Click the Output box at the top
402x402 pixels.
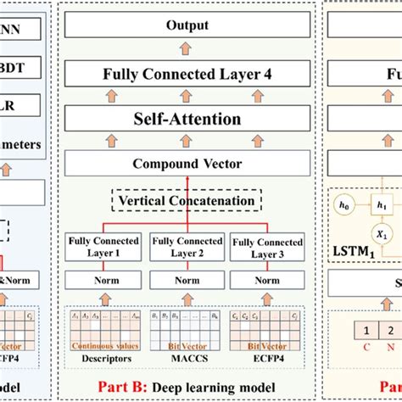coord(187,26)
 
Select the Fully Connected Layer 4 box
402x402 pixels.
coord(187,74)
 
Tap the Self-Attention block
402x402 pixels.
coord(187,120)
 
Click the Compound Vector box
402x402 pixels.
coord(187,164)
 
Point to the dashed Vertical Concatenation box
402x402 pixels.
coord(187,202)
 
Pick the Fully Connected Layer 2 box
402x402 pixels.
coord(187,247)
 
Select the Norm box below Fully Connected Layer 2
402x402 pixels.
coord(187,280)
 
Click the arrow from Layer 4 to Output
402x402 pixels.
coord(187,50)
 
